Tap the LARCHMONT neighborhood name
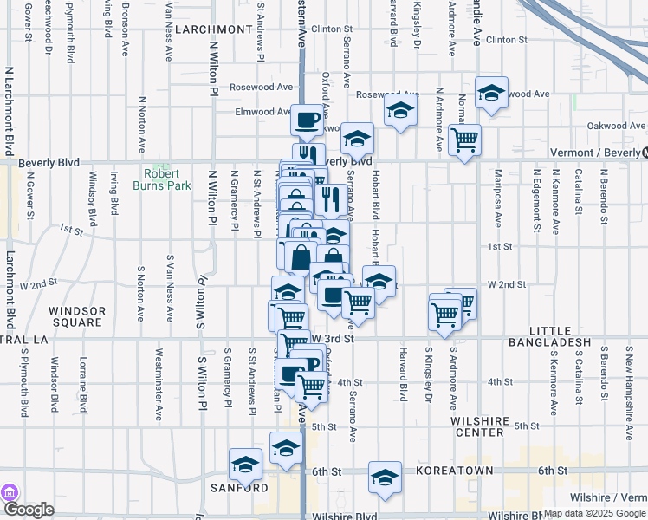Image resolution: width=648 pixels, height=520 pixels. tap(212, 29)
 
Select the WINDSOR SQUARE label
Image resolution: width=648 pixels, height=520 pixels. tap(77, 316)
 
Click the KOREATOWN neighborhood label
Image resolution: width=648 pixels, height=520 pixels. tap(455, 471)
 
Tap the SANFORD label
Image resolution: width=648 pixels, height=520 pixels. tap(239, 488)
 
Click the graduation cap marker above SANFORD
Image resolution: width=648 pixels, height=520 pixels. tap(245, 464)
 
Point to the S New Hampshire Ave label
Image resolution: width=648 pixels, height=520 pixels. tap(629, 378)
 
